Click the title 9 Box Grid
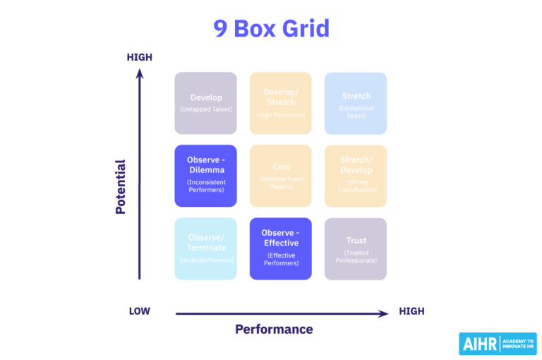[x=271, y=29]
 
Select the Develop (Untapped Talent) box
[x=205, y=103]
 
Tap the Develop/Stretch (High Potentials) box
[x=280, y=103]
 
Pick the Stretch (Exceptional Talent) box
[x=356, y=103]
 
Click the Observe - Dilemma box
[x=205, y=176]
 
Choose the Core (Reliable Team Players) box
[x=280, y=176]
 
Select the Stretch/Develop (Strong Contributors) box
[x=356, y=176]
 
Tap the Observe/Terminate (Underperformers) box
[x=205, y=248]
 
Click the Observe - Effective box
[x=280, y=248]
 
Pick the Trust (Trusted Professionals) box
[x=356, y=248]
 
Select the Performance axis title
[x=274, y=329]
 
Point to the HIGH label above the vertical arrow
[x=139, y=57]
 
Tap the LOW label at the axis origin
[x=139, y=311]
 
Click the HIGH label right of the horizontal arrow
[x=411, y=311]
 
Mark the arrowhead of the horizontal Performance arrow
[x=384, y=313]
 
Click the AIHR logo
[x=479, y=344]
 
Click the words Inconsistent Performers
[x=205, y=186]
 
